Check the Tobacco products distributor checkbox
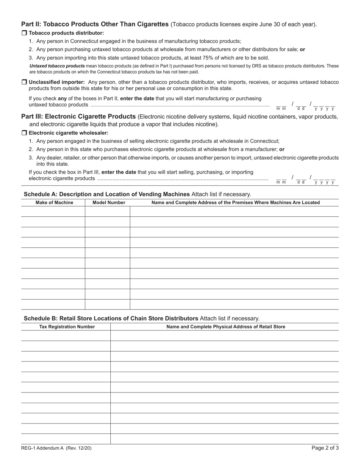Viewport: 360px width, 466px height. (24, 33)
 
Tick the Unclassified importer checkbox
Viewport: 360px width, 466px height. (24, 82)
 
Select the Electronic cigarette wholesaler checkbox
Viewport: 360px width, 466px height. (24, 133)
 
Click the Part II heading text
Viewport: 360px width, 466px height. (95, 24)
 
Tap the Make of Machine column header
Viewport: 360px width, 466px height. (54, 203)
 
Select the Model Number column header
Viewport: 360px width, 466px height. (109, 203)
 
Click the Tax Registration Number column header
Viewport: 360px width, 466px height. (67, 327)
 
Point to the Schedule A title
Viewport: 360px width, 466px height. (107, 194)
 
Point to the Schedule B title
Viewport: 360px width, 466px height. (111, 318)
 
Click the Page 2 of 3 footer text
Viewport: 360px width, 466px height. (325, 448)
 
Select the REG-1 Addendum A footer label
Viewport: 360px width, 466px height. (56, 448)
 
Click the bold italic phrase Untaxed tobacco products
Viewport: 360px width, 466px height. (57, 66)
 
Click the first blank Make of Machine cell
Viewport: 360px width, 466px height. (53, 211)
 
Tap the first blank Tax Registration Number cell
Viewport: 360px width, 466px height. (66, 335)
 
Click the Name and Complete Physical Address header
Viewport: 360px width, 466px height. (226, 327)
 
